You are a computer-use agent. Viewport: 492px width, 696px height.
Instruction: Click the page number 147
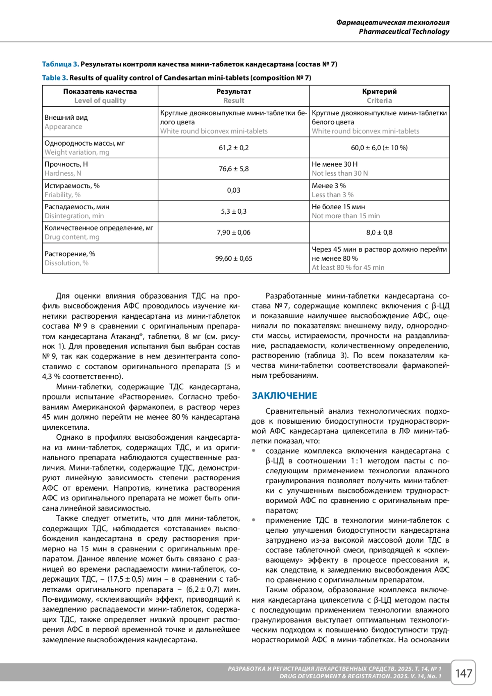[463, 673]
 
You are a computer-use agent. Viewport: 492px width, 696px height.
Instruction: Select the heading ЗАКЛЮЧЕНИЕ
[284, 396]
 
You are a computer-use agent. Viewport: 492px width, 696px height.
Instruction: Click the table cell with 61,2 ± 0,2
[234, 148]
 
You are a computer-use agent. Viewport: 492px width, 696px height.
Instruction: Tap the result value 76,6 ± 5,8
[234, 169]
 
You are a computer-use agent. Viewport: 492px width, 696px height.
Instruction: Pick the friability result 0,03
[234, 190]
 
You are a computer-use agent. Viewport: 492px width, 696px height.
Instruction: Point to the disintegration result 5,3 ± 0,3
[234, 212]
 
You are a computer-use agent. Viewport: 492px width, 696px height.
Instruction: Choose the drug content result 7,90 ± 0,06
[234, 233]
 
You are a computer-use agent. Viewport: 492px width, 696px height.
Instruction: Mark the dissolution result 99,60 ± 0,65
[234, 258]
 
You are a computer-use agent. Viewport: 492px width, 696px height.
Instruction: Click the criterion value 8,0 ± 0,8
[379, 233]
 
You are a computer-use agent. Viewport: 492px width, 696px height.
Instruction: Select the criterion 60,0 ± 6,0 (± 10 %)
[379, 148]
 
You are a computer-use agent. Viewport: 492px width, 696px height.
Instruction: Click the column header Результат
[234, 91]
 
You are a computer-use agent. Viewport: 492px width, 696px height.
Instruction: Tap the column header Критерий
[379, 91]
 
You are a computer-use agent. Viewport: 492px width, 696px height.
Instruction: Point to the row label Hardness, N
[63, 173]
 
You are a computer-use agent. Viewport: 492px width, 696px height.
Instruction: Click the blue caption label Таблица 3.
[60, 64]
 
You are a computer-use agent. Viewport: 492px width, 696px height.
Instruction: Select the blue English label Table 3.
[55, 78]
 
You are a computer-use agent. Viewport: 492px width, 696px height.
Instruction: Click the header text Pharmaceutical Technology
[404, 32]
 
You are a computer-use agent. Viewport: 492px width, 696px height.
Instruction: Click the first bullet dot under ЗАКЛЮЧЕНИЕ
[254, 451]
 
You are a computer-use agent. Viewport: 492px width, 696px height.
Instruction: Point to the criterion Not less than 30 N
[340, 173]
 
